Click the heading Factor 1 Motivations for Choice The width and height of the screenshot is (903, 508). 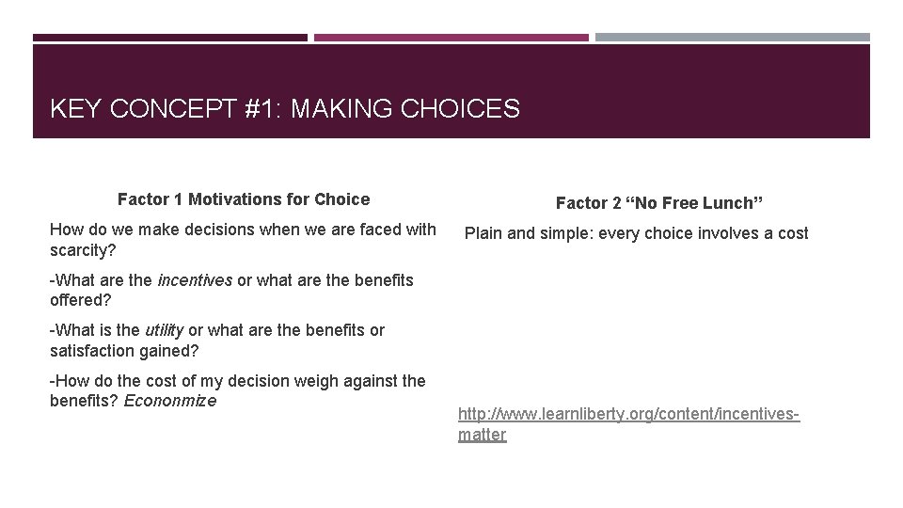pyautogui.click(x=244, y=199)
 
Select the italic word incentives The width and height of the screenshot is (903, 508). pyautogui.click(x=195, y=280)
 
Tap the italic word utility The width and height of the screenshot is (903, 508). pyautogui.click(x=164, y=330)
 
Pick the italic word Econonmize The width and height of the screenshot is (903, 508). pyautogui.click(x=170, y=401)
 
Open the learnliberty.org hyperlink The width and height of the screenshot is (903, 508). pyautogui.click(x=628, y=414)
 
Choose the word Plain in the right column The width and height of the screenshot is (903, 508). pyautogui.click(x=484, y=233)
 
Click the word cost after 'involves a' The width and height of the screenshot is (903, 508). pyautogui.click(x=792, y=233)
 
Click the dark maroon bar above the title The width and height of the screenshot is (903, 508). pyautogui.click(x=169, y=38)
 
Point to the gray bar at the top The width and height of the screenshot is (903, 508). pyautogui.click(x=733, y=38)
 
